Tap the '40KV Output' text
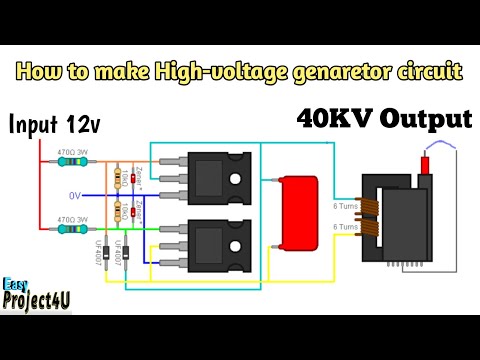pyautogui.click(x=383, y=119)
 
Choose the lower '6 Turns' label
pyautogui.click(x=344, y=227)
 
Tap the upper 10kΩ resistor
pyautogui.click(x=121, y=181)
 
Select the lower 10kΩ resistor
pyautogui.click(x=121, y=211)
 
